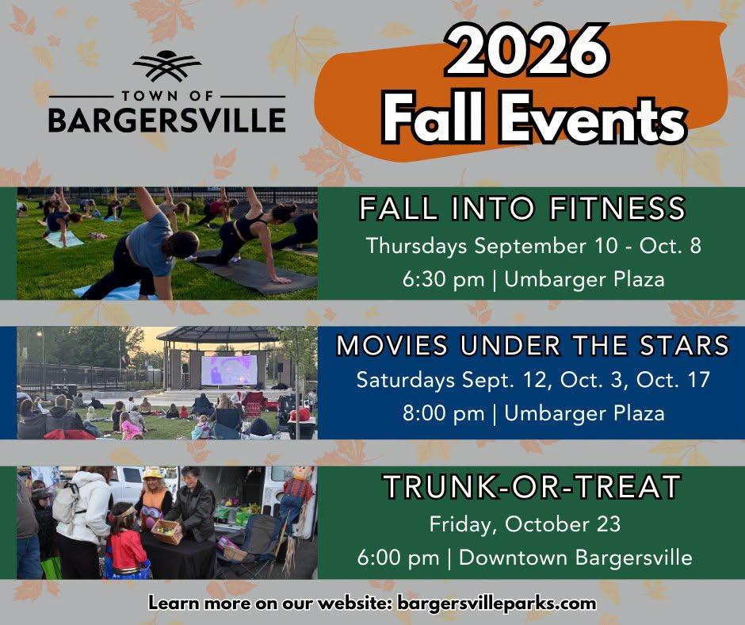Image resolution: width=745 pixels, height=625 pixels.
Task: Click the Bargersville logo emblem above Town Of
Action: pyautogui.click(x=166, y=66)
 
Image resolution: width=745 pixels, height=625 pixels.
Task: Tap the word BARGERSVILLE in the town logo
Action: pyautogui.click(x=166, y=120)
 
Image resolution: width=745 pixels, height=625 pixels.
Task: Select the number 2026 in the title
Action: pyautogui.click(x=527, y=51)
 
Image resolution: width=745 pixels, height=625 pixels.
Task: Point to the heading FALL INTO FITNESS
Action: pyautogui.click(x=522, y=209)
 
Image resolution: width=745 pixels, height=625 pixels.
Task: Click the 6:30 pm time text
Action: pyautogui.click(x=443, y=279)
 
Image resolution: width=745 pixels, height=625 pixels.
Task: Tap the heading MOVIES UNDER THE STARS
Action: pyautogui.click(x=533, y=345)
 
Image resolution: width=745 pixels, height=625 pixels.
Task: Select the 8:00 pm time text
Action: pyautogui.click(x=443, y=413)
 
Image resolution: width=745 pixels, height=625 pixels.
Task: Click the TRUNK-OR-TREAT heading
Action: pyautogui.click(x=532, y=486)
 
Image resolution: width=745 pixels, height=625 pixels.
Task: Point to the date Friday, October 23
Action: pyautogui.click(x=525, y=524)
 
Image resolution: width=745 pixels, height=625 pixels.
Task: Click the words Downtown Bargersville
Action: pyautogui.click(x=575, y=558)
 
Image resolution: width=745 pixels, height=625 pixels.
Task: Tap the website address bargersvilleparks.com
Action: pyautogui.click(x=496, y=603)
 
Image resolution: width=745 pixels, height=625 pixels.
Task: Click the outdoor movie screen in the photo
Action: pyautogui.click(x=229, y=370)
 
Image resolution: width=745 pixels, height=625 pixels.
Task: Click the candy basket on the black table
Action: pyautogui.click(x=166, y=531)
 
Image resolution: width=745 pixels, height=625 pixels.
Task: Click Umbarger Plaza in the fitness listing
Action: pyautogui.click(x=584, y=279)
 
